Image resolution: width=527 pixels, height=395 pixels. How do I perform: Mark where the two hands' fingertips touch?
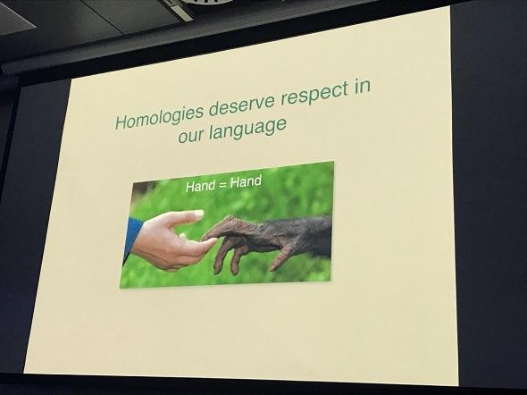tap(208, 237)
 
